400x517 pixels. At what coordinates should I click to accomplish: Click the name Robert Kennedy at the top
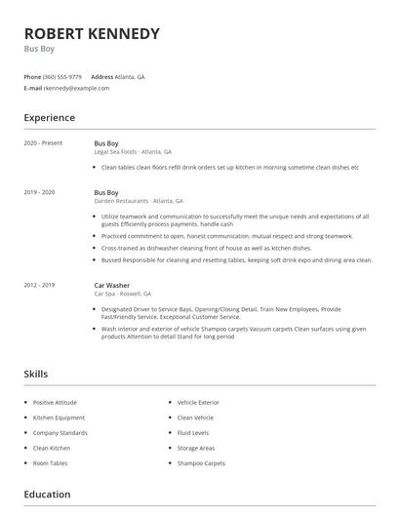coord(91,34)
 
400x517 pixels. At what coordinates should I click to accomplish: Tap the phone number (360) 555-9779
coord(62,76)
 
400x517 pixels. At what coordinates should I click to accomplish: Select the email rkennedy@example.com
coord(76,88)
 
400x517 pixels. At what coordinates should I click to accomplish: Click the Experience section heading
coord(49,118)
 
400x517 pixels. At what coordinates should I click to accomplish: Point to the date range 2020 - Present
coord(43,143)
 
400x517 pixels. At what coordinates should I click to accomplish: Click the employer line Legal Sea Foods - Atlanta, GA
coord(133,152)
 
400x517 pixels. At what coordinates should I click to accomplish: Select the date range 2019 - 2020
coord(39,193)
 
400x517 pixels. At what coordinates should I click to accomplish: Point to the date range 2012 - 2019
coord(39,285)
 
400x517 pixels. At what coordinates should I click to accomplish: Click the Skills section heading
coord(35,374)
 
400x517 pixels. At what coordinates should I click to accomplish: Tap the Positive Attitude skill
coord(56,402)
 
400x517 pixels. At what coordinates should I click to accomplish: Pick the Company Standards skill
coord(60,432)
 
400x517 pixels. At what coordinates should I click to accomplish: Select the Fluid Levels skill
coord(193,432)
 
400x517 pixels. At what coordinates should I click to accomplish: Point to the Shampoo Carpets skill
coord(201,462)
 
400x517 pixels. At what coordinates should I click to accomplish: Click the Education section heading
coord(47,495)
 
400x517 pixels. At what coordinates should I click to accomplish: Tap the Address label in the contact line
coord(102,76)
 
